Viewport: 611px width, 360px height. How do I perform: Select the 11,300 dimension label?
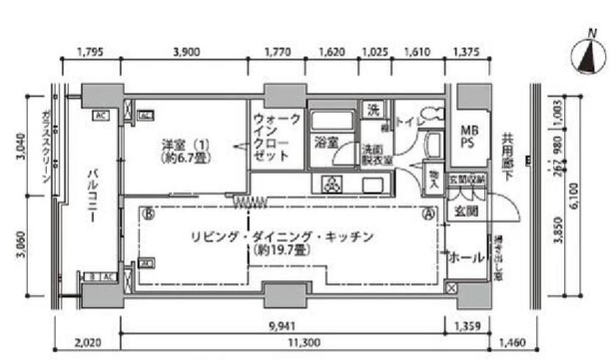286,342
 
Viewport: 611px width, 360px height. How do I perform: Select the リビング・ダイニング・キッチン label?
282,237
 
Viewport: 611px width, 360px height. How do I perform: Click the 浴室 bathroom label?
324,140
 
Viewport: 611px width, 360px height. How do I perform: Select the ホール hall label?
466,258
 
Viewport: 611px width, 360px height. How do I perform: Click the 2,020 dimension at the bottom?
88,342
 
